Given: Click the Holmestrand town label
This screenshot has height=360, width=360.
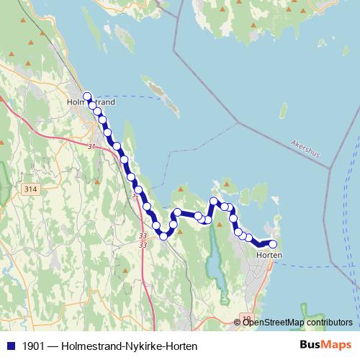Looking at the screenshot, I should pos(91,102).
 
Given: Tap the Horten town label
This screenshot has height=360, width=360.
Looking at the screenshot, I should pos(269,256).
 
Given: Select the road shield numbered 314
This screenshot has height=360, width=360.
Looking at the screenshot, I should pos(30,189).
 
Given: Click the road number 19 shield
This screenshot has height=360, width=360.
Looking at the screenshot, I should pos(246,319).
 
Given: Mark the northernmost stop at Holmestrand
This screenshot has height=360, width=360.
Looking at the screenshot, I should pos(87,96).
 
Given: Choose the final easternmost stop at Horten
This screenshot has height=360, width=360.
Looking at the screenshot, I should pos(272,244).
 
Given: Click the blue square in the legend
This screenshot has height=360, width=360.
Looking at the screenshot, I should pos(9,346).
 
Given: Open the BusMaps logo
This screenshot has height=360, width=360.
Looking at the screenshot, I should pos(325,346).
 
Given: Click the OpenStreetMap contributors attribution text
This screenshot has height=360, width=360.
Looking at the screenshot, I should pos(297,322).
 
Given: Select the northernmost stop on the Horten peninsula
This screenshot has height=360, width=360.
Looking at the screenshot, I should pos(214,201).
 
